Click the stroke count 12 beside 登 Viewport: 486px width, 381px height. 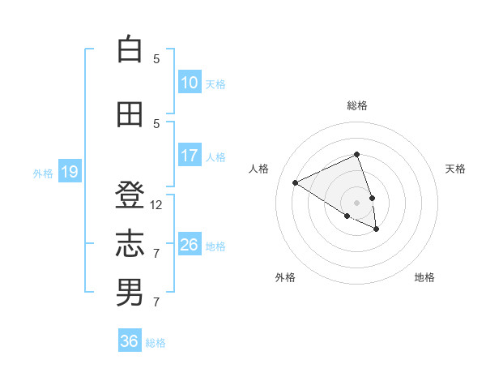coord(156,205)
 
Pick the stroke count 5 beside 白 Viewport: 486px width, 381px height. coord(156,58)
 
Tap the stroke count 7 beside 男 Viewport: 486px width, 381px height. coord(156,302)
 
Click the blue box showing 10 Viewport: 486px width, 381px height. coord(190,83)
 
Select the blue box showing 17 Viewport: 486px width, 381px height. coord(190,156)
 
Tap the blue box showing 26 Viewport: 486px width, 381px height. coord(190,245)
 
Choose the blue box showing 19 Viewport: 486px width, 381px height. coord(69,172)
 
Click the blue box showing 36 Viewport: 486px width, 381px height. coord(130,341)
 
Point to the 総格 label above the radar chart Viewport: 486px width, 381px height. coord(357,105)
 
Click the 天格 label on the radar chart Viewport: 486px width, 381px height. coord(455,169)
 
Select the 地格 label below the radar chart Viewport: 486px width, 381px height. coord(424,277)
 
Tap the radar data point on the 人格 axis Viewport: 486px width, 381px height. coord(296,183)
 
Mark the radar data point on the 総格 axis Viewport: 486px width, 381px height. coord(357,154)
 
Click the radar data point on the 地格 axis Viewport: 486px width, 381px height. coord(377,229)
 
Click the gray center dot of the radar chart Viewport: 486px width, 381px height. coord(357,202)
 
